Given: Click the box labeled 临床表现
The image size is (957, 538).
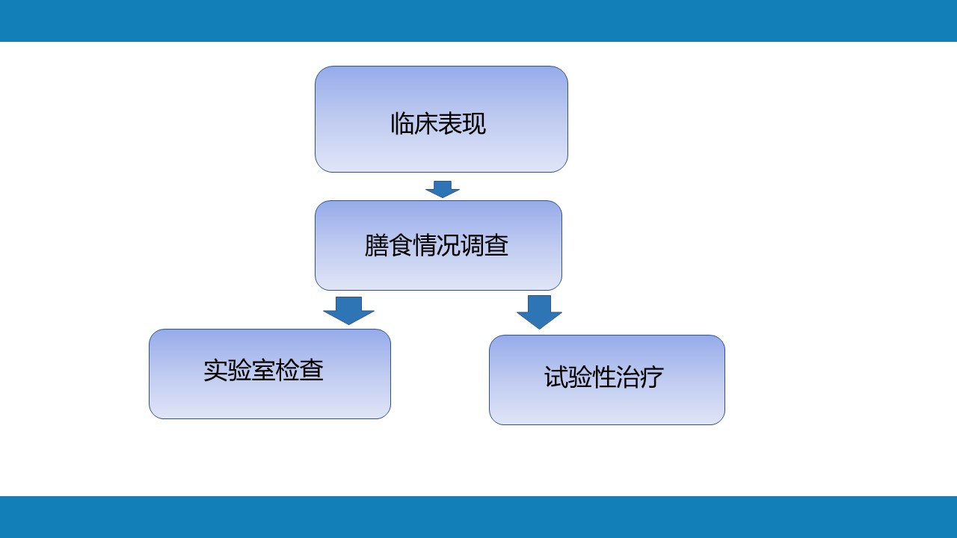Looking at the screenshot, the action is click(441, 119).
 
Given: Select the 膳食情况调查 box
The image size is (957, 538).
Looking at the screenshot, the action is click(438, 246).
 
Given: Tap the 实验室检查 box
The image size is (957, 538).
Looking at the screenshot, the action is click(270, 374).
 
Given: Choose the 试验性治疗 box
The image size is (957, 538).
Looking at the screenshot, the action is click(606, 380).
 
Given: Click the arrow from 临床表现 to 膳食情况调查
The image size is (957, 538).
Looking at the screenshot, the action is click(443, 189).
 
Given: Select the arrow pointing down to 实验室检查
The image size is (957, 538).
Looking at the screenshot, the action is click(348, 310).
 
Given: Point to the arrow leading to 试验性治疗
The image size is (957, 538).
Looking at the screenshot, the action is click(539, 312).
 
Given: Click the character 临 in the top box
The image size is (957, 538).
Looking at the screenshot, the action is click(402, 124).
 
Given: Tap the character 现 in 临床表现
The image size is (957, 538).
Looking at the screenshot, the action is click(474, 124).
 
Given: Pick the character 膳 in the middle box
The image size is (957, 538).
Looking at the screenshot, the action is click(376, 246).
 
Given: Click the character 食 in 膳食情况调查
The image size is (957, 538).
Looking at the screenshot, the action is click(400, 246).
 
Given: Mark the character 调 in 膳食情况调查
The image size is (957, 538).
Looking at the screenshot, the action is click(473, 246).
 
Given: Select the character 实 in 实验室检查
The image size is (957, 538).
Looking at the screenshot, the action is click(215, 370).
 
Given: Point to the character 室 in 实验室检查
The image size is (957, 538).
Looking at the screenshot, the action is click(263, 370).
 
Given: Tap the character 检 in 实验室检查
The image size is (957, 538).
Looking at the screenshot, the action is click(287, 370).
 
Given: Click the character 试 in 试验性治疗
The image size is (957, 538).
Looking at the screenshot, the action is click(556, 377).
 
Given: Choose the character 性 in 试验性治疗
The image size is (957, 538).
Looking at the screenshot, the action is click(604, 377).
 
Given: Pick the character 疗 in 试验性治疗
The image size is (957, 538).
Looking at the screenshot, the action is click(652, 377).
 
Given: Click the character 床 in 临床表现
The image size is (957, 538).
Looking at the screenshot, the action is click(426, 124).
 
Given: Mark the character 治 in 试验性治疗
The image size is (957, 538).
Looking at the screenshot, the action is click(628, 377).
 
